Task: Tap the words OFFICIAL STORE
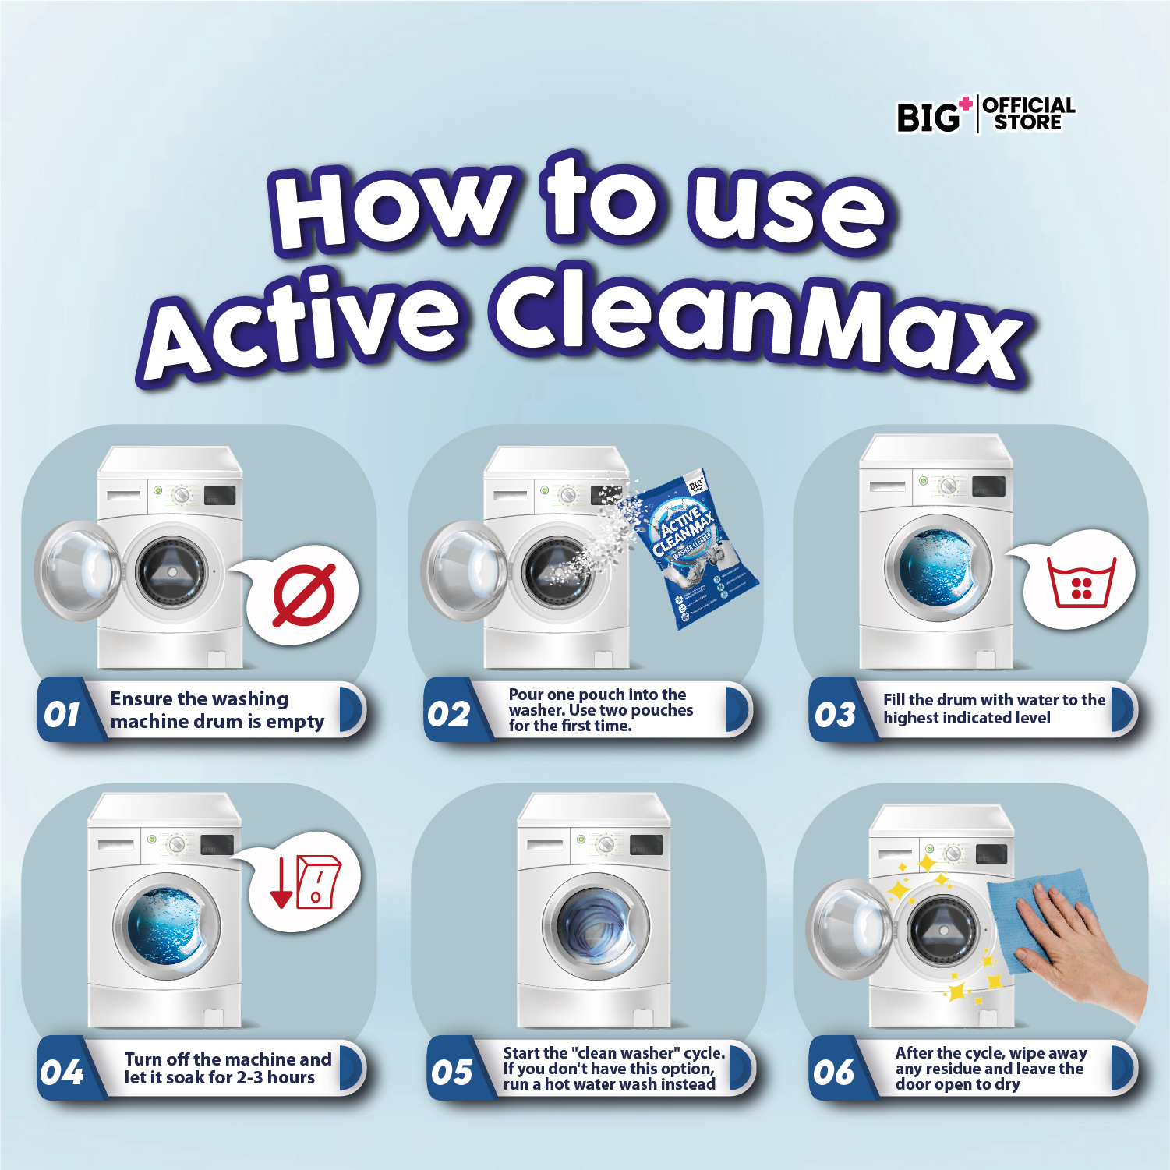pos(1028,114)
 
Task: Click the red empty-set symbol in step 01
pos(304,596)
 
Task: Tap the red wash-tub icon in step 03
pos(1081,582)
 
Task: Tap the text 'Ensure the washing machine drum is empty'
pos(217,710)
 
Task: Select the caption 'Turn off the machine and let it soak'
pos(228,1069)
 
